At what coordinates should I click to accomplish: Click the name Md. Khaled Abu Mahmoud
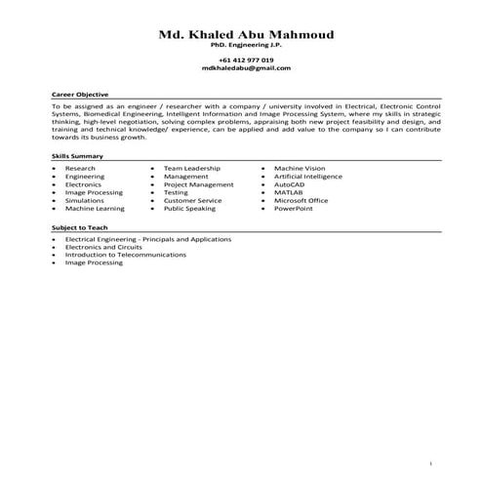click(x=246, y=35)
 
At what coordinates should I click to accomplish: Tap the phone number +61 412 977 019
click(x=246, y=60)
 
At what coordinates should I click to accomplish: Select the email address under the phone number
click(x=246, y=68)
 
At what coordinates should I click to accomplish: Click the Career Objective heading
click(x=79, y=94)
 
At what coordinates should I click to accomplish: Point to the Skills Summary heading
click(x=77, y=157)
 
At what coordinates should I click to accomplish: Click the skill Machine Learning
click(x=95, y=208)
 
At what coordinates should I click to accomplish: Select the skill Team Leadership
click(x=192, y=168)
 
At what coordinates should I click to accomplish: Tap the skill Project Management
click(x=198, y=184)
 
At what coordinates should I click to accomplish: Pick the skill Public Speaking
click(x=189, y=208)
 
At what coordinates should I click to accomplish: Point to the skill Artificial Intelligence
click(x=308, y=177)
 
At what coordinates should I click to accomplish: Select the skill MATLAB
click(x=289, y=192)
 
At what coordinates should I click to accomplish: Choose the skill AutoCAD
click(x=291, y=184)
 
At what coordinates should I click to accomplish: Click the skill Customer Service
click(x=192, y=200)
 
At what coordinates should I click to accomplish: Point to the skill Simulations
click(x=84, y=200)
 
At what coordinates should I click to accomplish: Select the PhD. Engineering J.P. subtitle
click(x=246, y=46)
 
